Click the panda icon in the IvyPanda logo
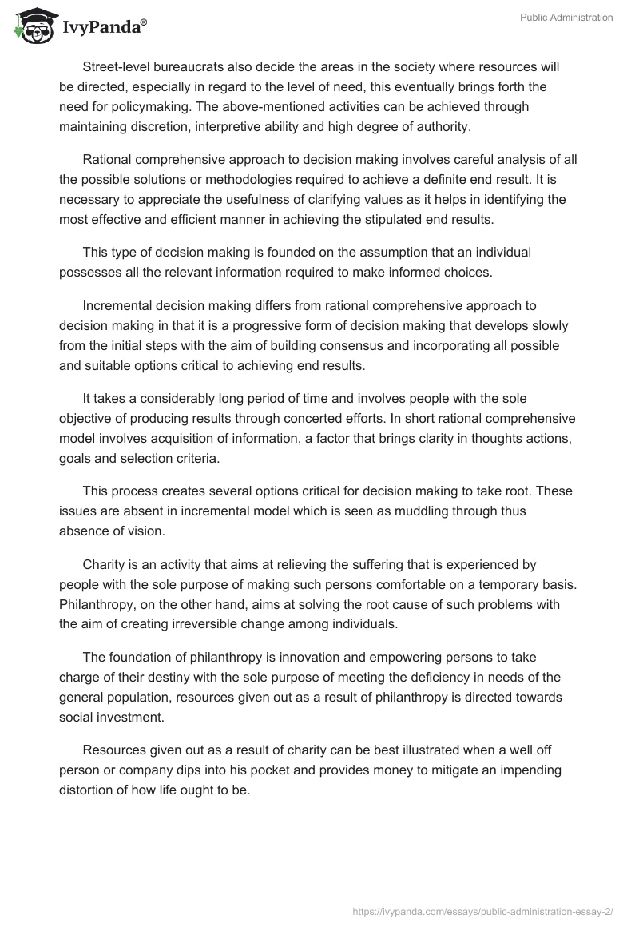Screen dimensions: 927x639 click(31, 26)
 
